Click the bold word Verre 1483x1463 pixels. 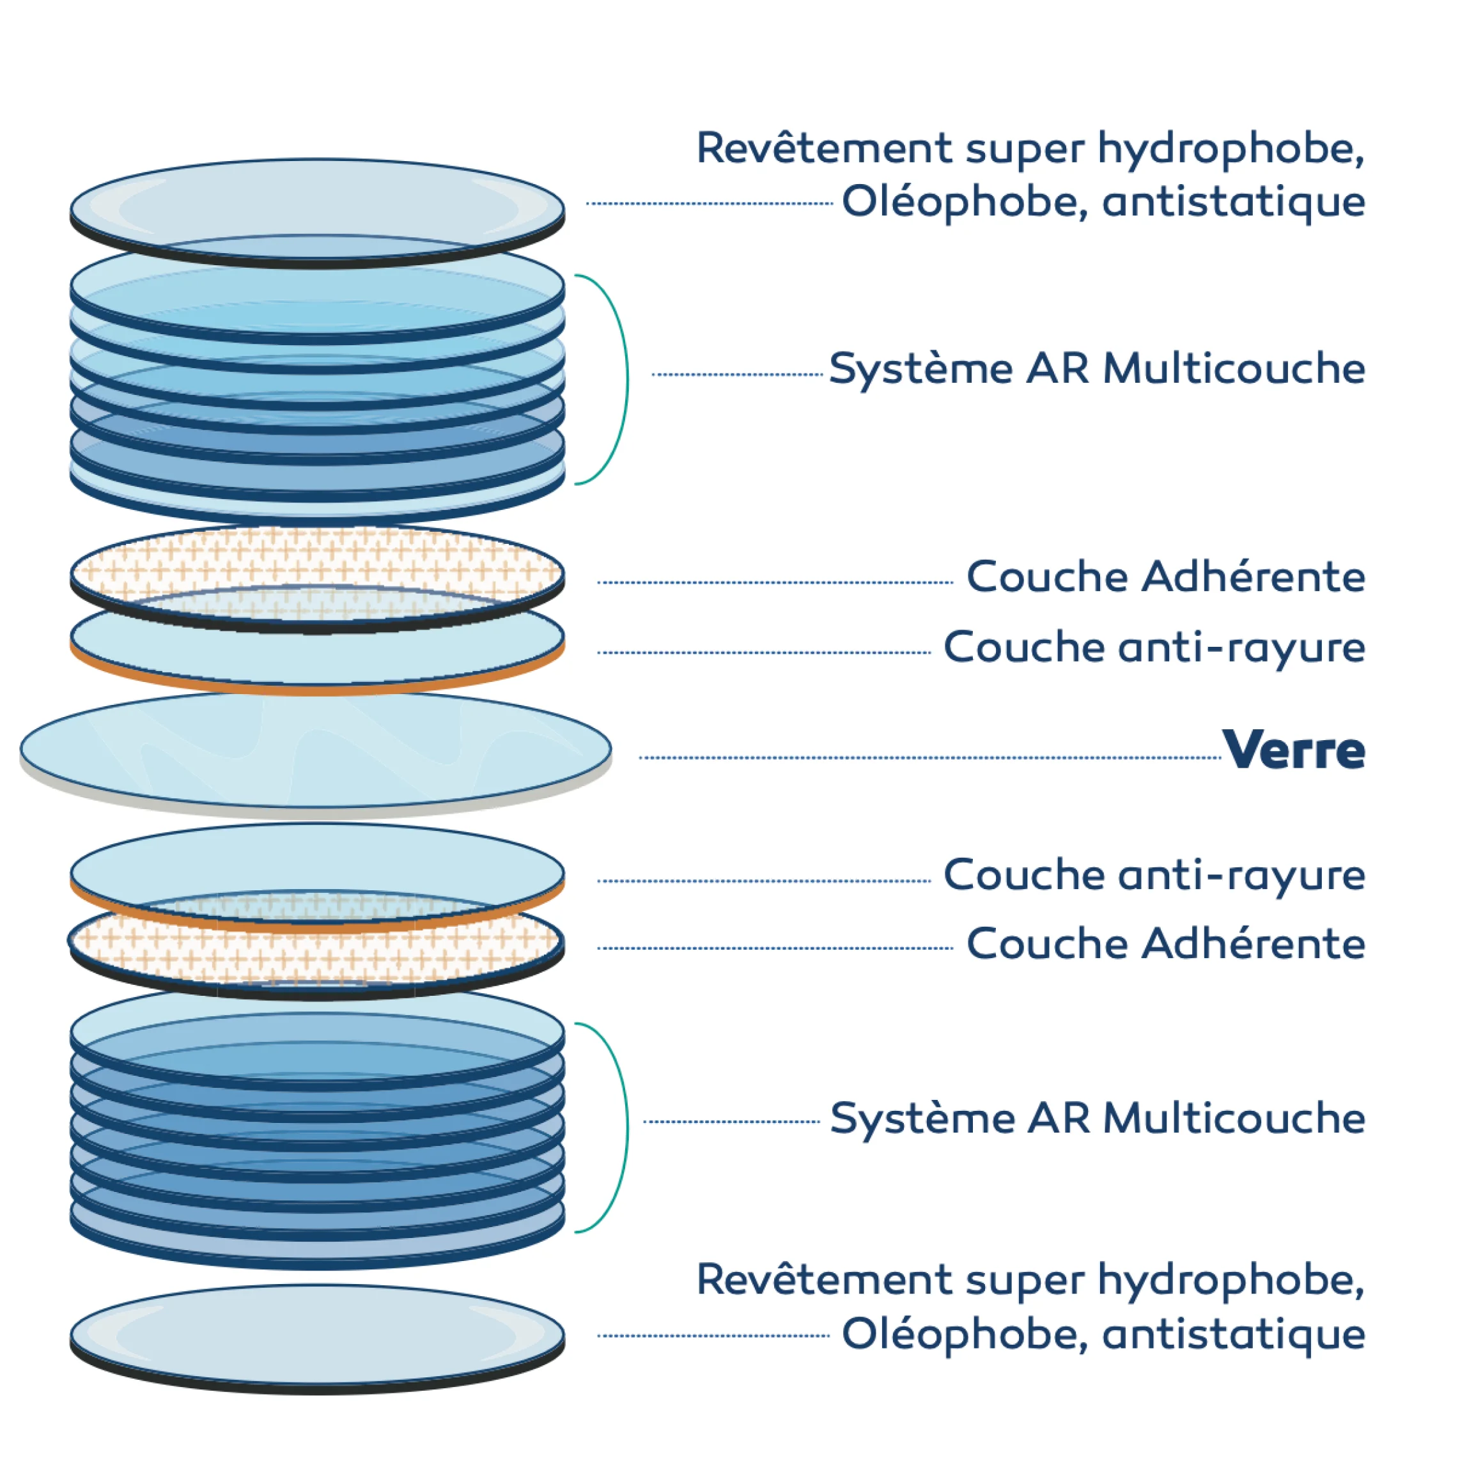pos(1293,751)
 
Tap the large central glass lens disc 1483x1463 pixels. pos(316,749)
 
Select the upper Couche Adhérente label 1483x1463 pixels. pos(1165,577)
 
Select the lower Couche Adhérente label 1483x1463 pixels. pos(1165,943)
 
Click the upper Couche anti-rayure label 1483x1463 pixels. pos(1154,647)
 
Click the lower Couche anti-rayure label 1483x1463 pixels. pos(1154,875)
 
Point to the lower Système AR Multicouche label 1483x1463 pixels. pos(1098,1119)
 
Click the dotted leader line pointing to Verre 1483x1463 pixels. pos(929,757)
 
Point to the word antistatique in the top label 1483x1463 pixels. pos(1234,203)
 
